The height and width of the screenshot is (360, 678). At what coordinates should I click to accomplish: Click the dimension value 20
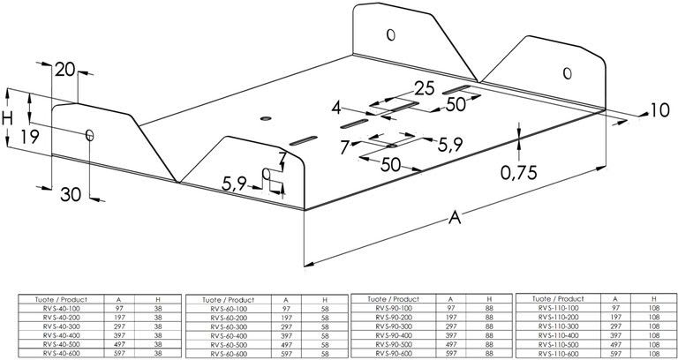point(64,71)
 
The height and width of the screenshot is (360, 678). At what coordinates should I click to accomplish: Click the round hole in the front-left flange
point(89,134)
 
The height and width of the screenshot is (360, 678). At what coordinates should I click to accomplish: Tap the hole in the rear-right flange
point(568,71)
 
